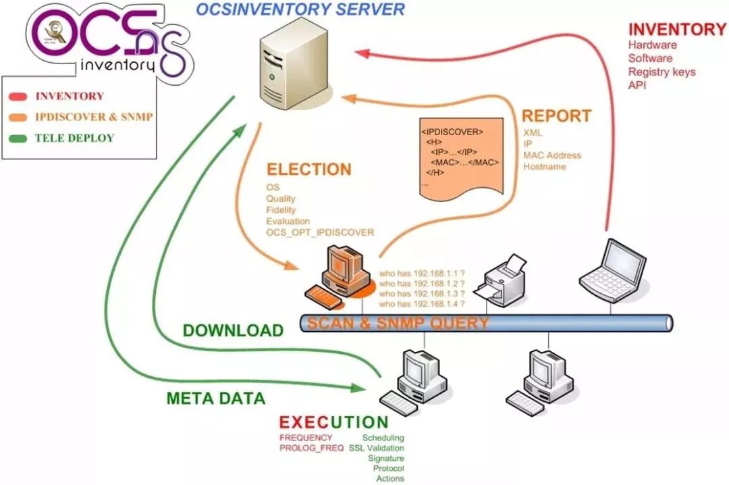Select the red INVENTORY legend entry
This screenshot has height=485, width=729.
70,97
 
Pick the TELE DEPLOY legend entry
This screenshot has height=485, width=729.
74,138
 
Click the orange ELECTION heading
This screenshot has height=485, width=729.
308,169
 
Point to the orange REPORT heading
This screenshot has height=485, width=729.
557,116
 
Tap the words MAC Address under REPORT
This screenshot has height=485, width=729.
551,155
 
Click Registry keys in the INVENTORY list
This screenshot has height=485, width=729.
661,72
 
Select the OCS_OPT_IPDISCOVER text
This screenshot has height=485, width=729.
319,232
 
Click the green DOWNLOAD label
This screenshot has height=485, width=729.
234,330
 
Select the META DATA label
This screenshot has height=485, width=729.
216,399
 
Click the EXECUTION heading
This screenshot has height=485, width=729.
333,423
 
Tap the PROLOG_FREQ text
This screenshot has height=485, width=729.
311,449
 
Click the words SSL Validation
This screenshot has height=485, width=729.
376,449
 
